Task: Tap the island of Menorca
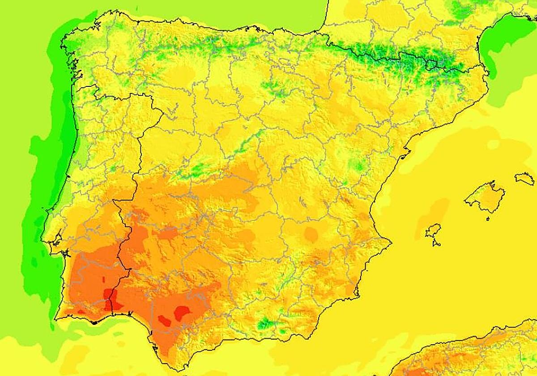pos(525,179)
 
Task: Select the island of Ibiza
pos(433,232)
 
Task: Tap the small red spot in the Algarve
pos(81,312)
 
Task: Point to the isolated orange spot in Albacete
pos(310,233)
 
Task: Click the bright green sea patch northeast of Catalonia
pos(506,45)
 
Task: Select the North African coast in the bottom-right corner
pos(470,354)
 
